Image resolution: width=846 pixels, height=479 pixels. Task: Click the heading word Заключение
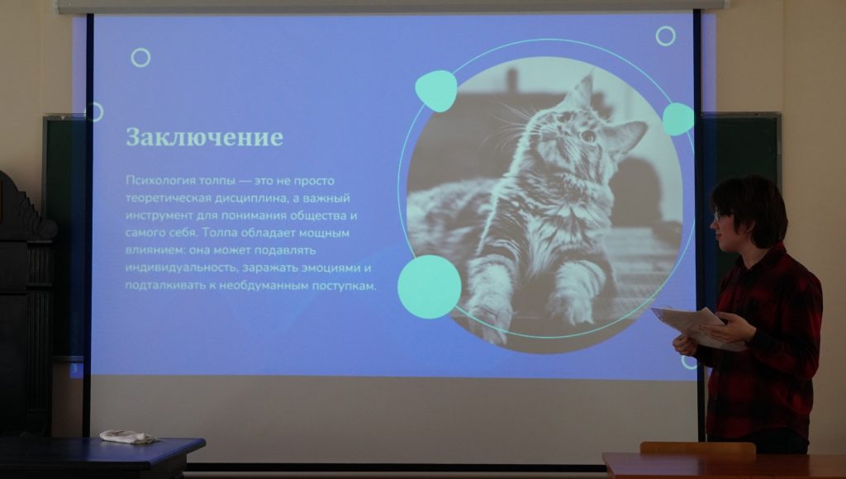[205, 138]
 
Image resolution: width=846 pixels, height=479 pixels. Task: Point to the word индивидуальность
[181, 268]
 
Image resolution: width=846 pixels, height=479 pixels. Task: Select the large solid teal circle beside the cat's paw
[430, 287]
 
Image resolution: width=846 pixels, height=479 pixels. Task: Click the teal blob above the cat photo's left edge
[436, 91]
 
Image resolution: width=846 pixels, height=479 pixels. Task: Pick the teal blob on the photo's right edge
[678, 119]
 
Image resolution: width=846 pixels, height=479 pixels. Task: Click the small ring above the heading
[140, 58]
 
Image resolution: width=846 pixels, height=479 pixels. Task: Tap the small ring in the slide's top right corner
[665, 36]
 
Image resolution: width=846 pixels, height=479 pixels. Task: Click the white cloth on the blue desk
[127, 436]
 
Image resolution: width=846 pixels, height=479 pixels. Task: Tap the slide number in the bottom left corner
[74, 369]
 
